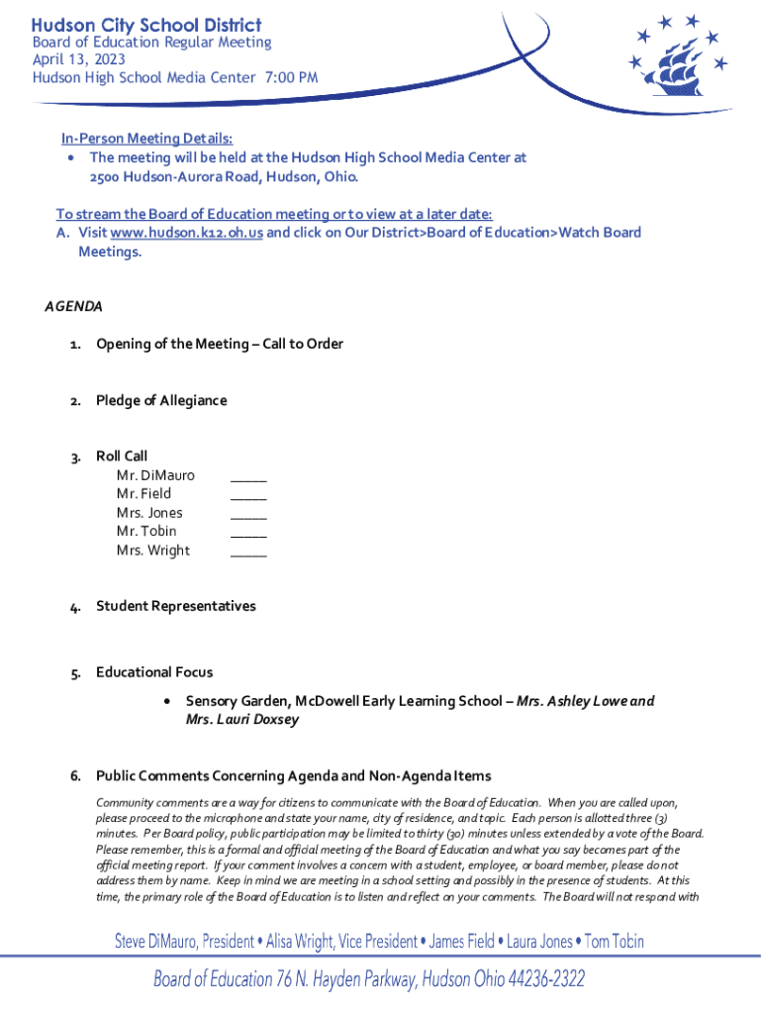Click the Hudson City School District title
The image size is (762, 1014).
[x=146, y=25]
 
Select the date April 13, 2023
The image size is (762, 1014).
[x=79, y=59]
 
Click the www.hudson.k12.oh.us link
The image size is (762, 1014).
[x=186, y=233]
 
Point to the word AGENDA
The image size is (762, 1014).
[x=73, y=306]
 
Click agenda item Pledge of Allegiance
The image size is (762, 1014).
[x=161, y=401]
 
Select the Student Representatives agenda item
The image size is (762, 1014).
[x=175, y=606]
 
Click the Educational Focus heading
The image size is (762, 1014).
[x=154, y=673]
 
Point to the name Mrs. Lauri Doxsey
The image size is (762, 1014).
[x=242, y=720]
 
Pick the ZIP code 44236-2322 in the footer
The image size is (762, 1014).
[x=545, y=980]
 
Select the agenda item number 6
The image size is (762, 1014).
[x=75, y=775]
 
